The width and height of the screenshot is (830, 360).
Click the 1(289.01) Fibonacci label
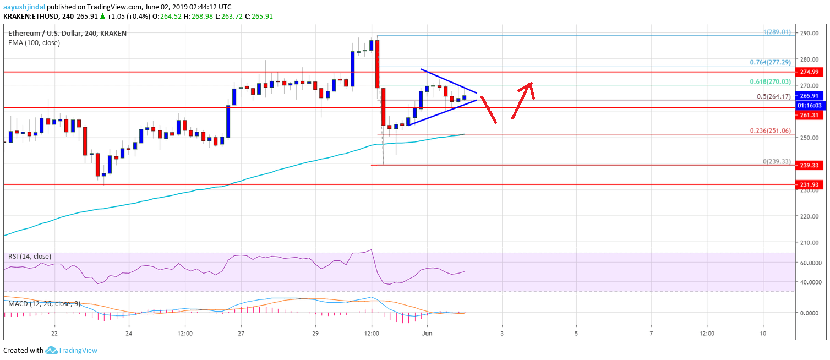pyautogui.click(x=777, y=32)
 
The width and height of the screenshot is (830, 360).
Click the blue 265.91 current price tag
pyautogui.click(x=809, y=95)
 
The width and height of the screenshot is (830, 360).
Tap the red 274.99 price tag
pyautogui.click(x=809, y=72)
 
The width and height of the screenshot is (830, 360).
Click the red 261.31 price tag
pyautogui.click(x=809, y=114)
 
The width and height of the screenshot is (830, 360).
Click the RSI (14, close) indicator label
pyautogui.click(x=30, y=256)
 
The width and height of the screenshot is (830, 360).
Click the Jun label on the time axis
pyautogui.click(x=427, y=334)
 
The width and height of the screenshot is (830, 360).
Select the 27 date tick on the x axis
pyautogui.click(x=241, y=334)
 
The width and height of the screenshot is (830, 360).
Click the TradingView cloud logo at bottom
pyautogui.click(x=52, y=350)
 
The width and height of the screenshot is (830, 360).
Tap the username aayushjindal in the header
pyautogui.click(x=24, y=7)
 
